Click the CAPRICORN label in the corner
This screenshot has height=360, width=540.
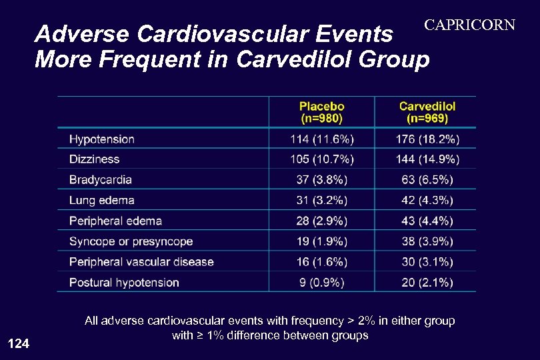point(470,25)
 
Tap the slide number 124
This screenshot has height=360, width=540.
point(18,344)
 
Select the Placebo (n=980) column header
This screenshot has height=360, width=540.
point(322,112)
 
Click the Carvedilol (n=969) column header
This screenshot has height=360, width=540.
point(427,112)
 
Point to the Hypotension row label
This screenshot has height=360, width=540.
point(102,139)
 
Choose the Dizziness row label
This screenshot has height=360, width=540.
point(95,159)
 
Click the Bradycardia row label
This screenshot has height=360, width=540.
point(101,180)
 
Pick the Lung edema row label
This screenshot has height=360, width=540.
point(102,200)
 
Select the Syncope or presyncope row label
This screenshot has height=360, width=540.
point(131,241)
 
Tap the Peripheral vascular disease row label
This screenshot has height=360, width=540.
point(141,262)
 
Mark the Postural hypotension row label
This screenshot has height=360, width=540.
point(124,283)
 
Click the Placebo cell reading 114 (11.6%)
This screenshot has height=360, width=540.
point(322,139)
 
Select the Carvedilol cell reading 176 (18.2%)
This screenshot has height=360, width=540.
point(427,139)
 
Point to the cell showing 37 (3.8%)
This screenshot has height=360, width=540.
point(322,180)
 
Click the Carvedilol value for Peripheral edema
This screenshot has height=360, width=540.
point(427,221)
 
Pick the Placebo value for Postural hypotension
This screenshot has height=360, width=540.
point(322,283)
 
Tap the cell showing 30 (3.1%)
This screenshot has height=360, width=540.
point(427,262)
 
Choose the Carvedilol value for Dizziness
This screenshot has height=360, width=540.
point(427,159)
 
